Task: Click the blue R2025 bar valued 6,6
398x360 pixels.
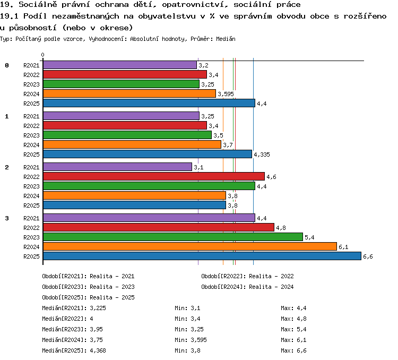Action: point(202,256)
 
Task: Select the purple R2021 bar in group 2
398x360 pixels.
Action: point(117,167)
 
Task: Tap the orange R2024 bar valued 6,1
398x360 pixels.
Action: point(190,246)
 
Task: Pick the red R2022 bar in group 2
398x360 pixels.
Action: point(154,176)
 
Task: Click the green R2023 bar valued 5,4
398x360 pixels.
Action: point(173,237)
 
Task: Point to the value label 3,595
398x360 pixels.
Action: point(226,94)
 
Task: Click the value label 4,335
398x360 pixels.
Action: point(262,155)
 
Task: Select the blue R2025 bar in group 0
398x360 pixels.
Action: point(149,103)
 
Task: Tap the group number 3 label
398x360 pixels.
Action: point(7,218)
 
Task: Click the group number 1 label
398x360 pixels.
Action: point(7,116)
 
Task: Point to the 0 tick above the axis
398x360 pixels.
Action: point(42,55)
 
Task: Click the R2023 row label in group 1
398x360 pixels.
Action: point(31,135)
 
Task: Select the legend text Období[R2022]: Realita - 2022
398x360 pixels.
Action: point(247,276)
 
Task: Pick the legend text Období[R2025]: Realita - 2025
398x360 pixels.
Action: point(88,297)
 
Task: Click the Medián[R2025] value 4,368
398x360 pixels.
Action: point(98,350)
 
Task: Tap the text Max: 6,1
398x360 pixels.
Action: point(293,340)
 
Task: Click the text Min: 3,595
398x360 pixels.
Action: point(191,340)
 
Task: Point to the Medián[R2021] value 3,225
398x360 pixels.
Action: point(98,308)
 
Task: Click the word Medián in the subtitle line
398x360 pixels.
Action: point(226,39)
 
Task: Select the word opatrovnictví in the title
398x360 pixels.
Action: point(195,5)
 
